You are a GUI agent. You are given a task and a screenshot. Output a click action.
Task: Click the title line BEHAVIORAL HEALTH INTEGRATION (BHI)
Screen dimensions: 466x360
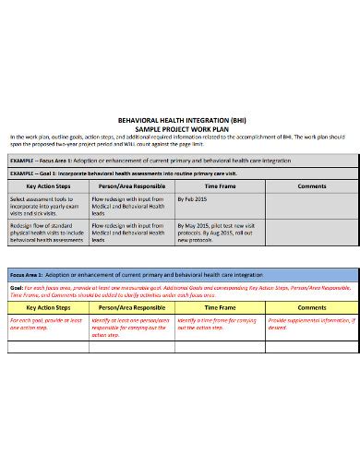pyautogui.click(x=180, y=119)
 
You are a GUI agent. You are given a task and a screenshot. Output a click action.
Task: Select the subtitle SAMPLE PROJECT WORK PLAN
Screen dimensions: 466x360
pyautogui.click(x=180, y=127)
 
